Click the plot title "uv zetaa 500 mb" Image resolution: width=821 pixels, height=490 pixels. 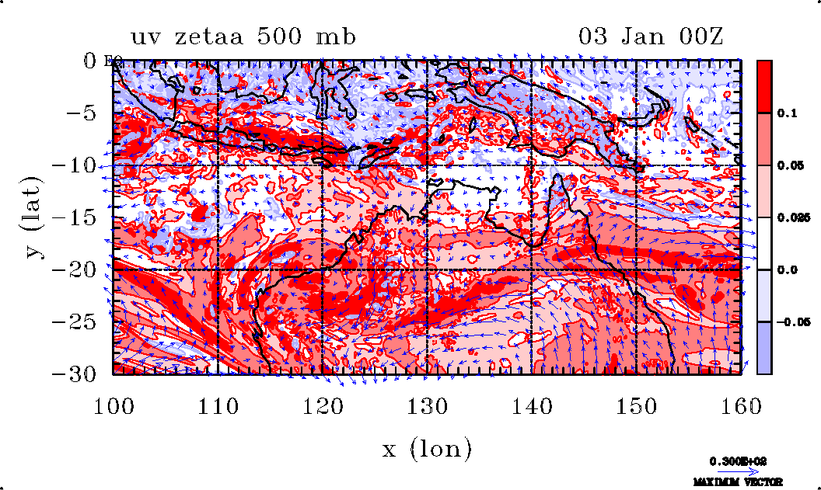(x=243, y=36)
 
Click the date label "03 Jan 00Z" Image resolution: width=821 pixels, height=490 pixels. (x=651, y=36)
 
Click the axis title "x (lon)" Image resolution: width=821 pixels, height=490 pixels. (x=427, y=448)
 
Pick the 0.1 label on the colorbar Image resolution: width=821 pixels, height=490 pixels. (x=788, y=113)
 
